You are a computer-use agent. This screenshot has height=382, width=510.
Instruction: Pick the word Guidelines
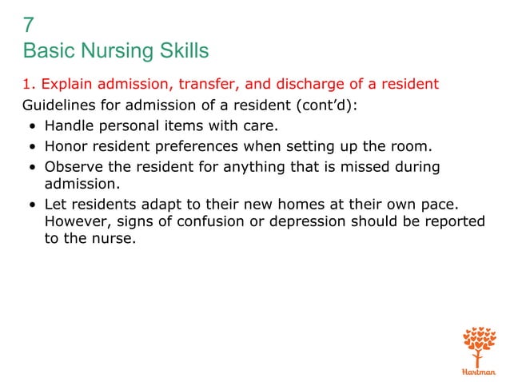point(58,104)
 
